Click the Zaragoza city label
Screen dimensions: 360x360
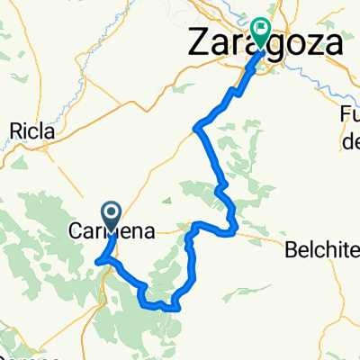click(x=265, y=42)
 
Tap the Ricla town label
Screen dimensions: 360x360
click(x=31, y=131)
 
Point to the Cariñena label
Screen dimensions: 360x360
click(x=112, y=232)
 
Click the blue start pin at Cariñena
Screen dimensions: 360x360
click(x=112, y=214)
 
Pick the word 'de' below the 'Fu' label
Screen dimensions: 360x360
click(x=351, y=140)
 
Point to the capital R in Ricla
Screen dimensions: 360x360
click(x=14, y=131)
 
